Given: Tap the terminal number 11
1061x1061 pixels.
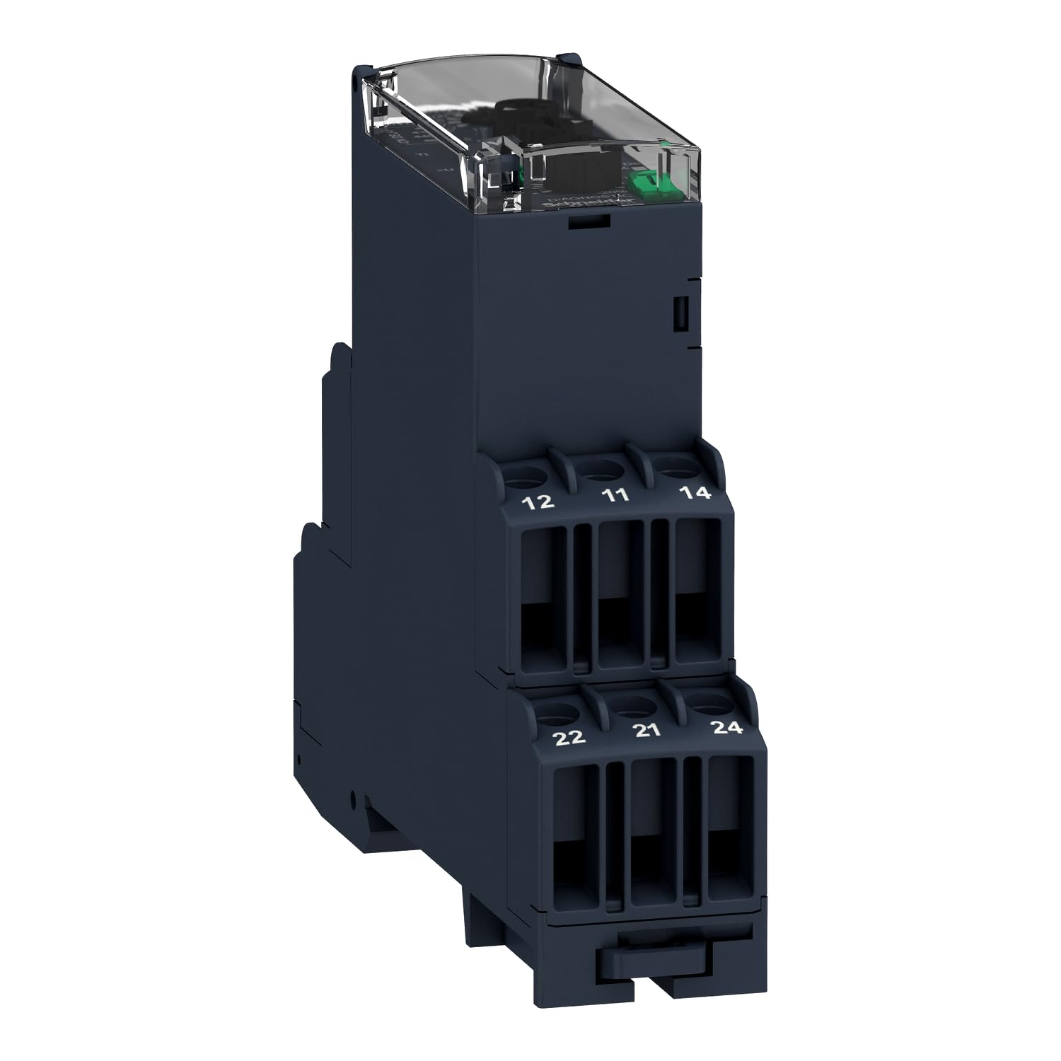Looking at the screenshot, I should coord(617,495).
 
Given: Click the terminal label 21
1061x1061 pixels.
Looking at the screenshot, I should coord(648,731).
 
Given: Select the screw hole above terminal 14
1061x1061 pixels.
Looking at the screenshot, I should coord(676,465).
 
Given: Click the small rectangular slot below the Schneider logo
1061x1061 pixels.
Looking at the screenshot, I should coord(589,221).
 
